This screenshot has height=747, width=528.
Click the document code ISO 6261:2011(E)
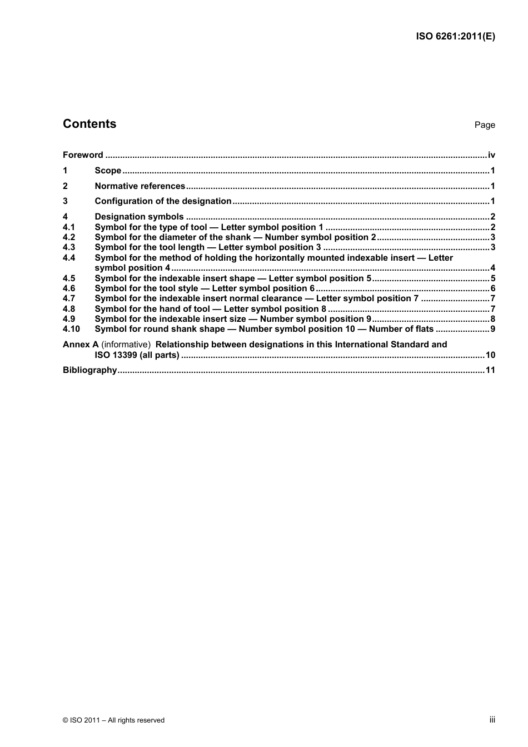tap(455, 37)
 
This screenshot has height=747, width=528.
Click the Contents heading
tap(89, 124)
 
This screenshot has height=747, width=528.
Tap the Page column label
tap(485, 125)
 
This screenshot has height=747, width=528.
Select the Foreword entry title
tap(83, 155)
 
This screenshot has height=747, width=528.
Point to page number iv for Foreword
tap(491, 155)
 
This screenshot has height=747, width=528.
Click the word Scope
tap(108, 171)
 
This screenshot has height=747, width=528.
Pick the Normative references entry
tap(140, 186)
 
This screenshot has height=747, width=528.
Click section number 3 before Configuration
tap(65, 201)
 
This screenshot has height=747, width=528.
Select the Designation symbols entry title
tap(139, 217)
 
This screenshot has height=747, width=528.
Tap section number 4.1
tap(69, 227)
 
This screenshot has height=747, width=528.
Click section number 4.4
tap(69, 258)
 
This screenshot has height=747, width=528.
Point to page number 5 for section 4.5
tap(493, 278)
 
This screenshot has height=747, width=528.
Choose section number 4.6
tap(69, 288)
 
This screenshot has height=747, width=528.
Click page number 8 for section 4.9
tap(493, 319)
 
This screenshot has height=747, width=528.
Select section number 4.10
tap(71, 329)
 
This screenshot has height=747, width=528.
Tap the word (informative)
tap(126, 345)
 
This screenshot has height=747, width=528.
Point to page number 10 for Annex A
tap(490, 355)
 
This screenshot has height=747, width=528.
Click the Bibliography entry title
tap(89, 370)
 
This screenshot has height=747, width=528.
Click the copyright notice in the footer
tap(113, 720)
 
